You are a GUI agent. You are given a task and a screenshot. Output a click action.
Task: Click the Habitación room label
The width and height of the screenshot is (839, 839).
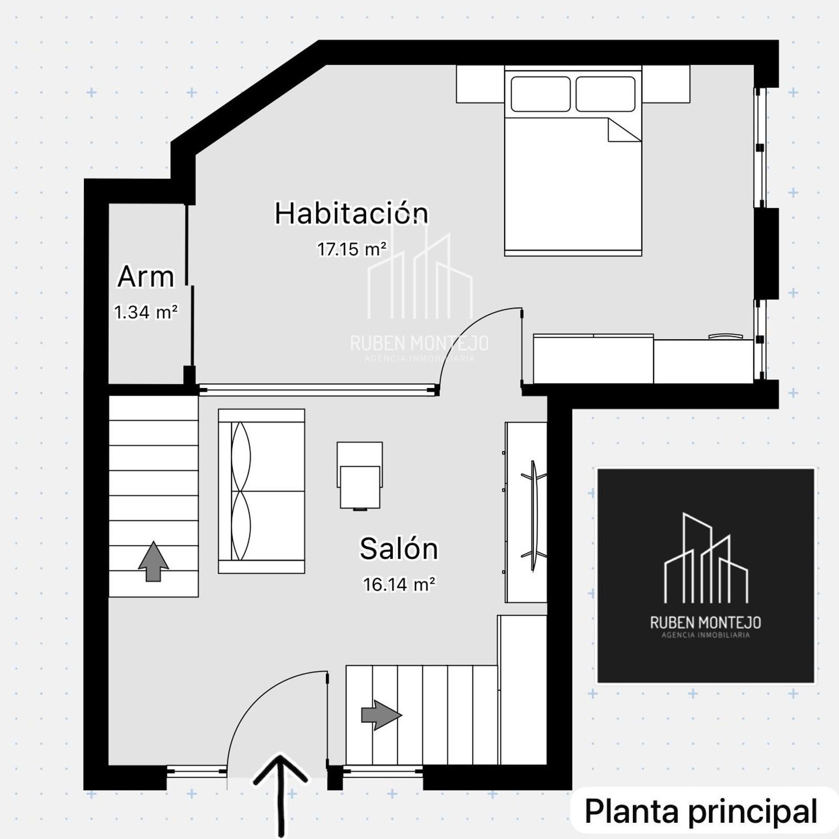[351, 213]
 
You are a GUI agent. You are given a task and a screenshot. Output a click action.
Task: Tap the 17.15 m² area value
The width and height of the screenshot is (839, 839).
[352, 249]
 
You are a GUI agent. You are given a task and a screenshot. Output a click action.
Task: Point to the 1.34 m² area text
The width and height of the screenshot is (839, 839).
[146, 312]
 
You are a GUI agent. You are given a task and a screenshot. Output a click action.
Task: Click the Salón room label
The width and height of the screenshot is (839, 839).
[399, 548]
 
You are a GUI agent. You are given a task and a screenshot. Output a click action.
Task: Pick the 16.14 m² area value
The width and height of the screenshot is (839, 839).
[399, 584]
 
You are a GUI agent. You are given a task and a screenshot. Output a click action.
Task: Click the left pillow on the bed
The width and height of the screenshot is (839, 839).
[540, 94]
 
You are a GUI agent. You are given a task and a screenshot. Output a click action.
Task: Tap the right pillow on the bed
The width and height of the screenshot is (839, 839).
[606, 94]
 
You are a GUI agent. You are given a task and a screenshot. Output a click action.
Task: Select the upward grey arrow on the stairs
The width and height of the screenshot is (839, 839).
[153, 561]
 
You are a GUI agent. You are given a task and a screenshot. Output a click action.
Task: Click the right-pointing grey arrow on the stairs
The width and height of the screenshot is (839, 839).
[381, 715]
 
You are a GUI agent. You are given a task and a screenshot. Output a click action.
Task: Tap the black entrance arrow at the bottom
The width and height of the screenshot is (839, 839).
[281, 794]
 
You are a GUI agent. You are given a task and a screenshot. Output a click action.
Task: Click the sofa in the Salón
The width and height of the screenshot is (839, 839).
[261, 491]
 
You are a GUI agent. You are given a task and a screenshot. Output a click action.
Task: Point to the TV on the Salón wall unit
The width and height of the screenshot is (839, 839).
[534, 516]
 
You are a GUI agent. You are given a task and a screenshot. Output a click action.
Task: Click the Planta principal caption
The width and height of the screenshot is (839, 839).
[701, 812]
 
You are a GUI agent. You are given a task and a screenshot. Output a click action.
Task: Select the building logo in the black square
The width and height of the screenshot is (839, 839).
[706, 557]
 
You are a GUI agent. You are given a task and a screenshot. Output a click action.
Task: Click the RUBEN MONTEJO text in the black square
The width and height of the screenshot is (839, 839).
[706, 622]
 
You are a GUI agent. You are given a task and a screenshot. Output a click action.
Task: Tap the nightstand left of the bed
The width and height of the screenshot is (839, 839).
[480, 84]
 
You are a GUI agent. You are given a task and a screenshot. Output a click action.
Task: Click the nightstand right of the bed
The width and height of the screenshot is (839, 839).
[666, 84]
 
